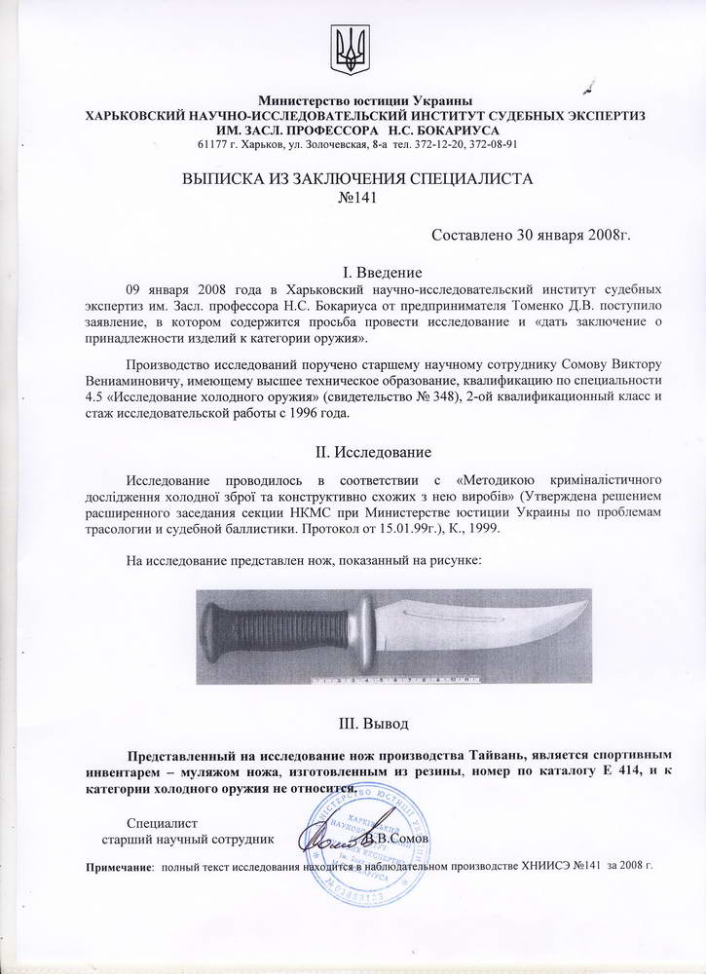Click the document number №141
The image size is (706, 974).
[353, 198]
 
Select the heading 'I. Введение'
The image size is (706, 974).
[353, 272]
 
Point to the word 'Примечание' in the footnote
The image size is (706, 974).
[121, 866]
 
